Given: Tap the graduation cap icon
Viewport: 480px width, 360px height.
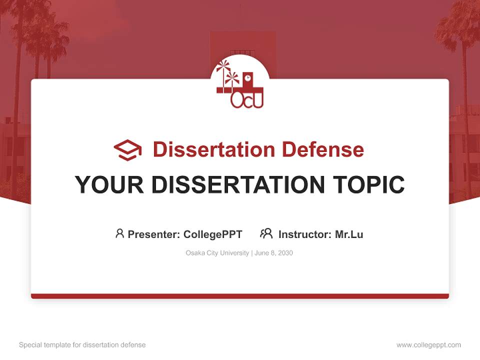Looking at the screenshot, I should [x=127, y=150].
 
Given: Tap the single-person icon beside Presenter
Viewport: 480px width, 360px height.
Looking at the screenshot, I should [x=119, y=233].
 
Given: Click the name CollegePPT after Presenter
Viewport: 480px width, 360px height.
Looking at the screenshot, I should [x=212, y=234].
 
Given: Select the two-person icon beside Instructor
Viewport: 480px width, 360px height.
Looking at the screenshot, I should [x=266, y=233].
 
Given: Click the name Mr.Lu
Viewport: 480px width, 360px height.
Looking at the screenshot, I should [x=349, y=234].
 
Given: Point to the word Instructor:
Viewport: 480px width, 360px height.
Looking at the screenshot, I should [x=304, y=234].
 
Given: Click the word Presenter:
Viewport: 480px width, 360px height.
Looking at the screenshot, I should [x=154, y=234].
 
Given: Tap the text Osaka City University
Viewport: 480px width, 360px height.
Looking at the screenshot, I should [x=217, y=253].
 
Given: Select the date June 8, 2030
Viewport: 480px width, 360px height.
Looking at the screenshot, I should [x=273, y=253].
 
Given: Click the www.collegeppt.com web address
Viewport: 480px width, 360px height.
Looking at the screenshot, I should [x=428, y=345].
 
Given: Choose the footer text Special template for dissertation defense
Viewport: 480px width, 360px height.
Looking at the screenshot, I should [x=82, y=345].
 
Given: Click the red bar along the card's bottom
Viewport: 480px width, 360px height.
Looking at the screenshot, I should [x=240, y=296].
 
